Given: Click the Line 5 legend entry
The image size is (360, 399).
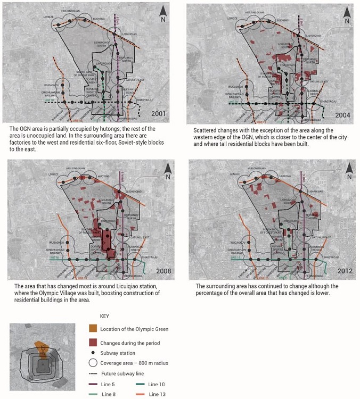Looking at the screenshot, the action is tap(104, 384).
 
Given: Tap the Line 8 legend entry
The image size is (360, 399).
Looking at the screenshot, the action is tap(104, 394).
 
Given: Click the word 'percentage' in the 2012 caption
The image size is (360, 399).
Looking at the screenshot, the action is tap(212, 293).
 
